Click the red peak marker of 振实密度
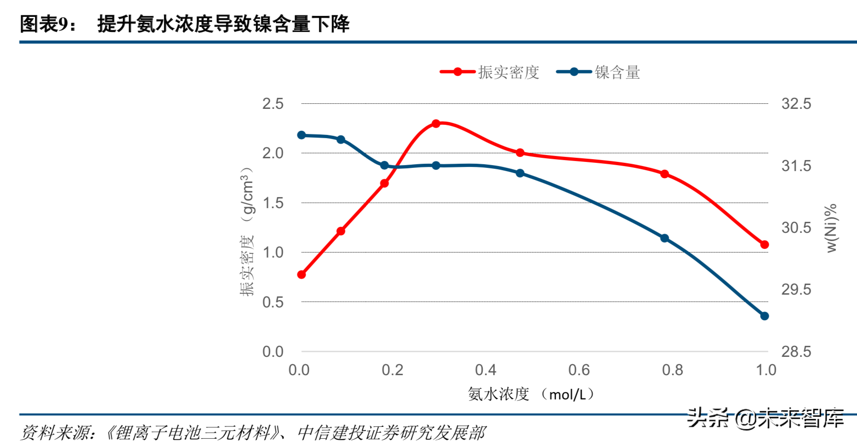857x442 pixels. [436, 124]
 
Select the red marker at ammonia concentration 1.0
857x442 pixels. [764, 244]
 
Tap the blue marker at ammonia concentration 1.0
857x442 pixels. [764, 316]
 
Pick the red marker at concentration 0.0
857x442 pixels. [301, 275]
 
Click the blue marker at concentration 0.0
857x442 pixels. [301, 135]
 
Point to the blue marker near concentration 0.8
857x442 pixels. [664, 238]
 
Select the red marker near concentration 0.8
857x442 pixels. [664, 174]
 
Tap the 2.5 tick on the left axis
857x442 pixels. [273, 104]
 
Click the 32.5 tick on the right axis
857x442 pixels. [796, 104]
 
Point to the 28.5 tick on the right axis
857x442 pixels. [796, 351]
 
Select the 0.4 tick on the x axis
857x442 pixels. [485, 370]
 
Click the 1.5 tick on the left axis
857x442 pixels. [273, 203]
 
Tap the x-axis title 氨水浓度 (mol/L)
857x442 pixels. [531, 394]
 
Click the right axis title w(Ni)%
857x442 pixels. [831, 228]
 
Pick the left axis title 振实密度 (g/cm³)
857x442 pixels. [246, 231]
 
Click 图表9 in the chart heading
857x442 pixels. [44, 24]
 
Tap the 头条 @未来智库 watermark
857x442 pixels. [765, 418]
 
